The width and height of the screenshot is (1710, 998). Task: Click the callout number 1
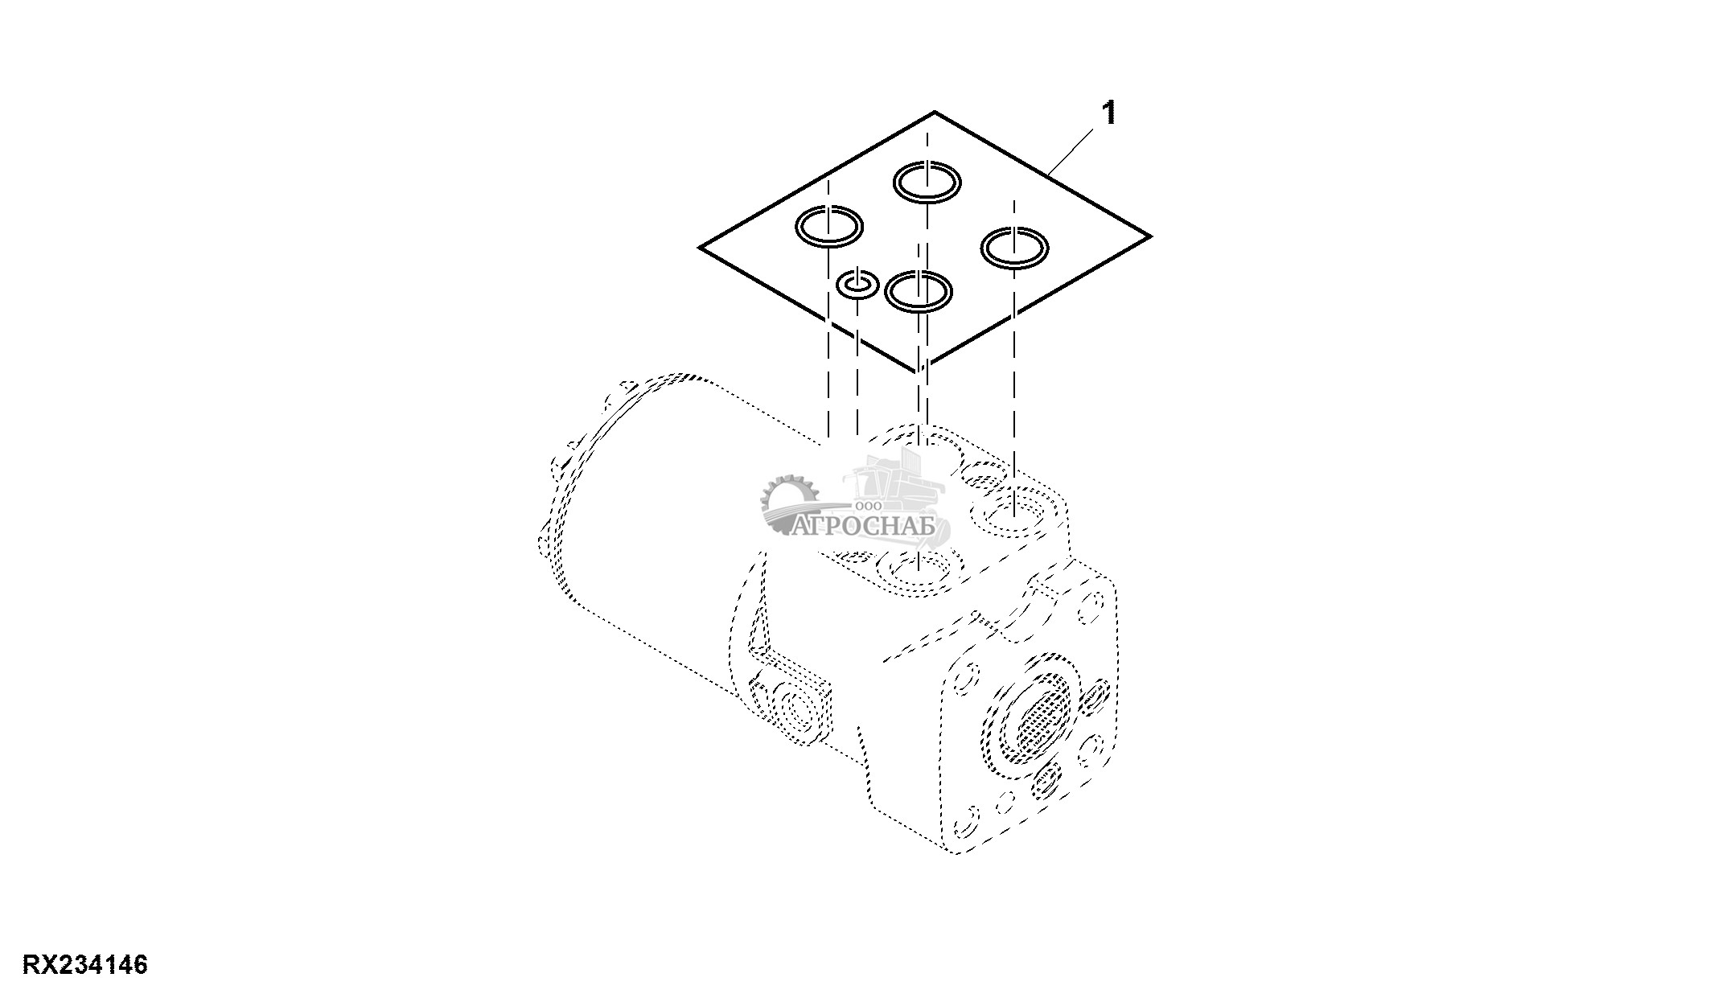[x=1109, y=113]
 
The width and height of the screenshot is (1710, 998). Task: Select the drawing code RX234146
[x=85, y=964]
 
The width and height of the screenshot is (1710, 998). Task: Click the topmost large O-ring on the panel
[x=927, y=180]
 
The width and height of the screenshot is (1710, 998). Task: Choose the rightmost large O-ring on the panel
[x=1014, y=246]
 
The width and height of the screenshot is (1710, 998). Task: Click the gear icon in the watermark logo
[x=787, y=503]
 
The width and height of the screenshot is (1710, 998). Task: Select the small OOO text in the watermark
[x=869, y=506]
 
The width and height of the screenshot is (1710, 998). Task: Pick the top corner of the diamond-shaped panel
[x=934, y=112]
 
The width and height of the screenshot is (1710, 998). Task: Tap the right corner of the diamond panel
[x=1150, y=236]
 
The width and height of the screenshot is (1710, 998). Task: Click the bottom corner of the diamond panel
[x=917, y=372]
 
